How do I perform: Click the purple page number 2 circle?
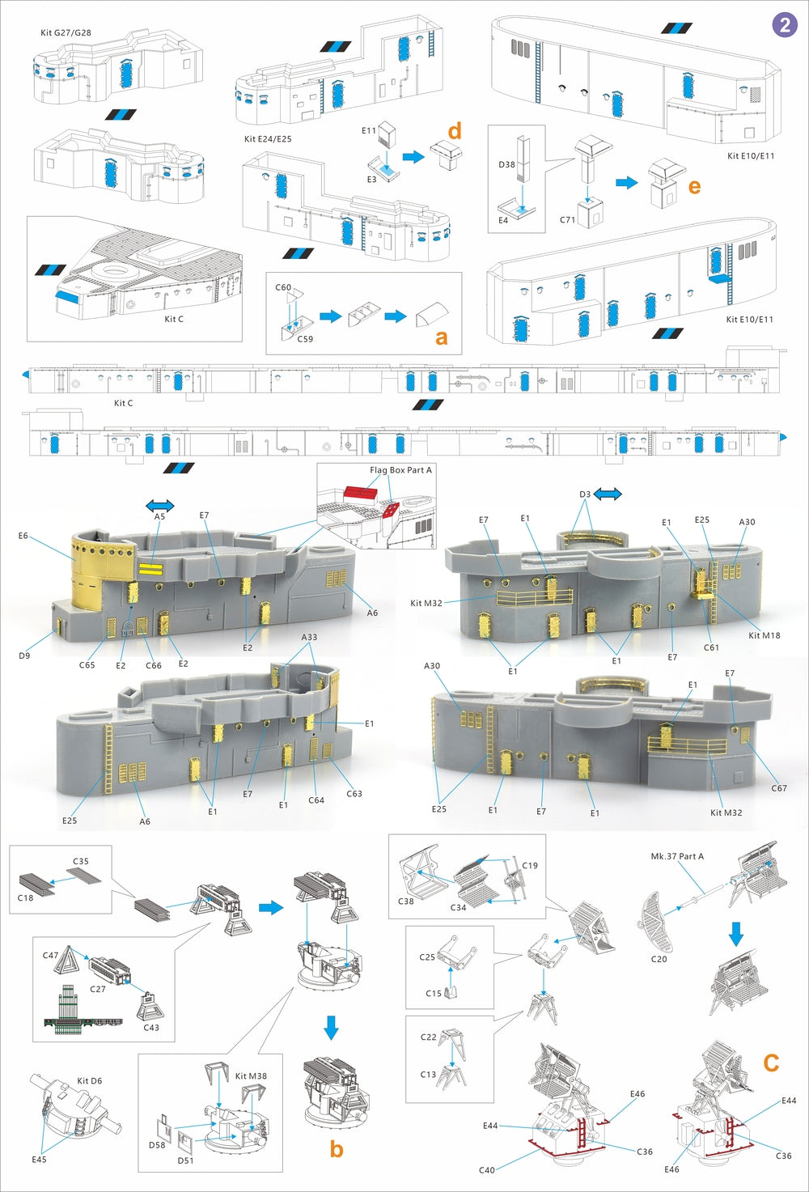click(x=784, y=24)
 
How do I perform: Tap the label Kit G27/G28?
click(x=66, y=33)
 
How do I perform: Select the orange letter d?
click(x=455, y=130)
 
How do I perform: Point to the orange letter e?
click(x=694, y=186)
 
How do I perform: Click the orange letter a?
click(x=441, y=337)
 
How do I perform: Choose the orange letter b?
click(x=337, y=1148)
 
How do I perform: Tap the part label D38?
click(x=506, y=164)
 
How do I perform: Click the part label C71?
click(x=567, y=220)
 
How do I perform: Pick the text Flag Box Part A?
click(x=400, y=470)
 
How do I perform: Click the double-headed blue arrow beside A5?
click(x=159, y=504)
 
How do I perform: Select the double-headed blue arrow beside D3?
click(x=608, y=494)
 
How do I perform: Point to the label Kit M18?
click(x=764, y=635)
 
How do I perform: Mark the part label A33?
click(x=309, y=637)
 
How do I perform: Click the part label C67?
click(x=778, y=788)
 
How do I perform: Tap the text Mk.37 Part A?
click(x=677, y=856)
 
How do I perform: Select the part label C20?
click(x=659, y=959)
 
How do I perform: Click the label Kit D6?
click(x=89, y=1081)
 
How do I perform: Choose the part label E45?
click(x=39, y=1160)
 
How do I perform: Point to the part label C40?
click(x=486, y=1170)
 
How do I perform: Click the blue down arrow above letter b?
click(x=331, y=1028)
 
